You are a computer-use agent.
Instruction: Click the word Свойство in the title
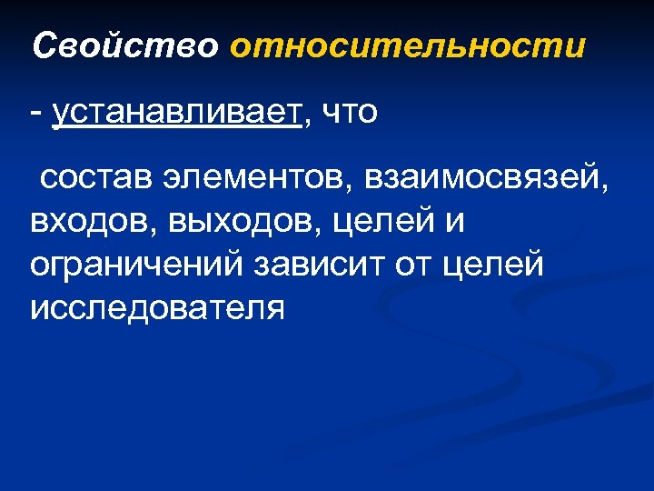(124, 45)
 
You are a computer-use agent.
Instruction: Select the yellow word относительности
(408, 45)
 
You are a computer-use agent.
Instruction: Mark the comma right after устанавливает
(305, 124)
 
